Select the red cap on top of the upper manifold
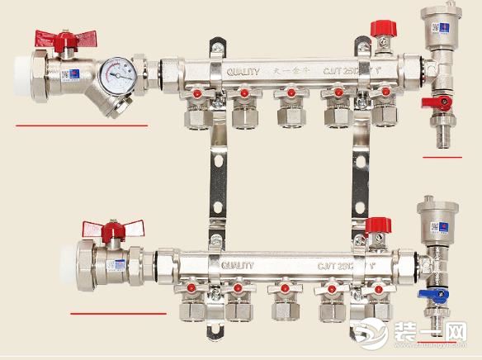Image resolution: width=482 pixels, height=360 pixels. click(380, 29)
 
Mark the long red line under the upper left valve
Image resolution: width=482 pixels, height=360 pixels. click(82, 126)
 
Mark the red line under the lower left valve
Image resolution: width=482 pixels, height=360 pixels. click(118, 314)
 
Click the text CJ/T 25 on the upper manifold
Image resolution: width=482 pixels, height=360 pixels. click(338, 72)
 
